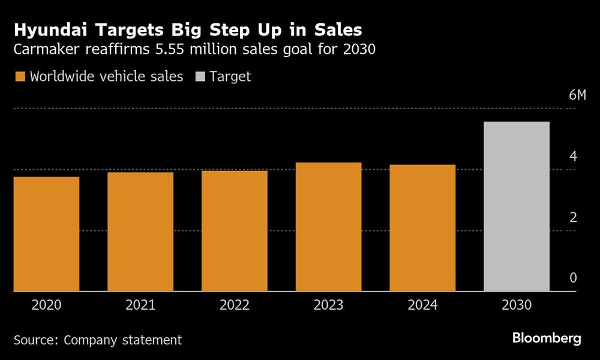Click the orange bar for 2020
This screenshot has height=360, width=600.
46,234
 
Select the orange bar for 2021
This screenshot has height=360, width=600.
140,232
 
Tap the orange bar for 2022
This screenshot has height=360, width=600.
235,231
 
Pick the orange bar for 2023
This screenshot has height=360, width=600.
329,227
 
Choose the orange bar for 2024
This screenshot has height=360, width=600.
422,228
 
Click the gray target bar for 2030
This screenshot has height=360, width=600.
517,206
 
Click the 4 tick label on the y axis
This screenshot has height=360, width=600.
572,157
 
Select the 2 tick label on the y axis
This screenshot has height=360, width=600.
572,217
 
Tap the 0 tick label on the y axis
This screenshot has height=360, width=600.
572,278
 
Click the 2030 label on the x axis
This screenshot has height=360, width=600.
517,305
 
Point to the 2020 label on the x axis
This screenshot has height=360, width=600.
46,305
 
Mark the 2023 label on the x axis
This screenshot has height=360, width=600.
329,305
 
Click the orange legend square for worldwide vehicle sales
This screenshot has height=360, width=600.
19,77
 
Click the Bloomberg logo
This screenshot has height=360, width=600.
547,338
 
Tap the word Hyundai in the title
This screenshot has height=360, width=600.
49,29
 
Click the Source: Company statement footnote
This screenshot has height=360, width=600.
97,340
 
